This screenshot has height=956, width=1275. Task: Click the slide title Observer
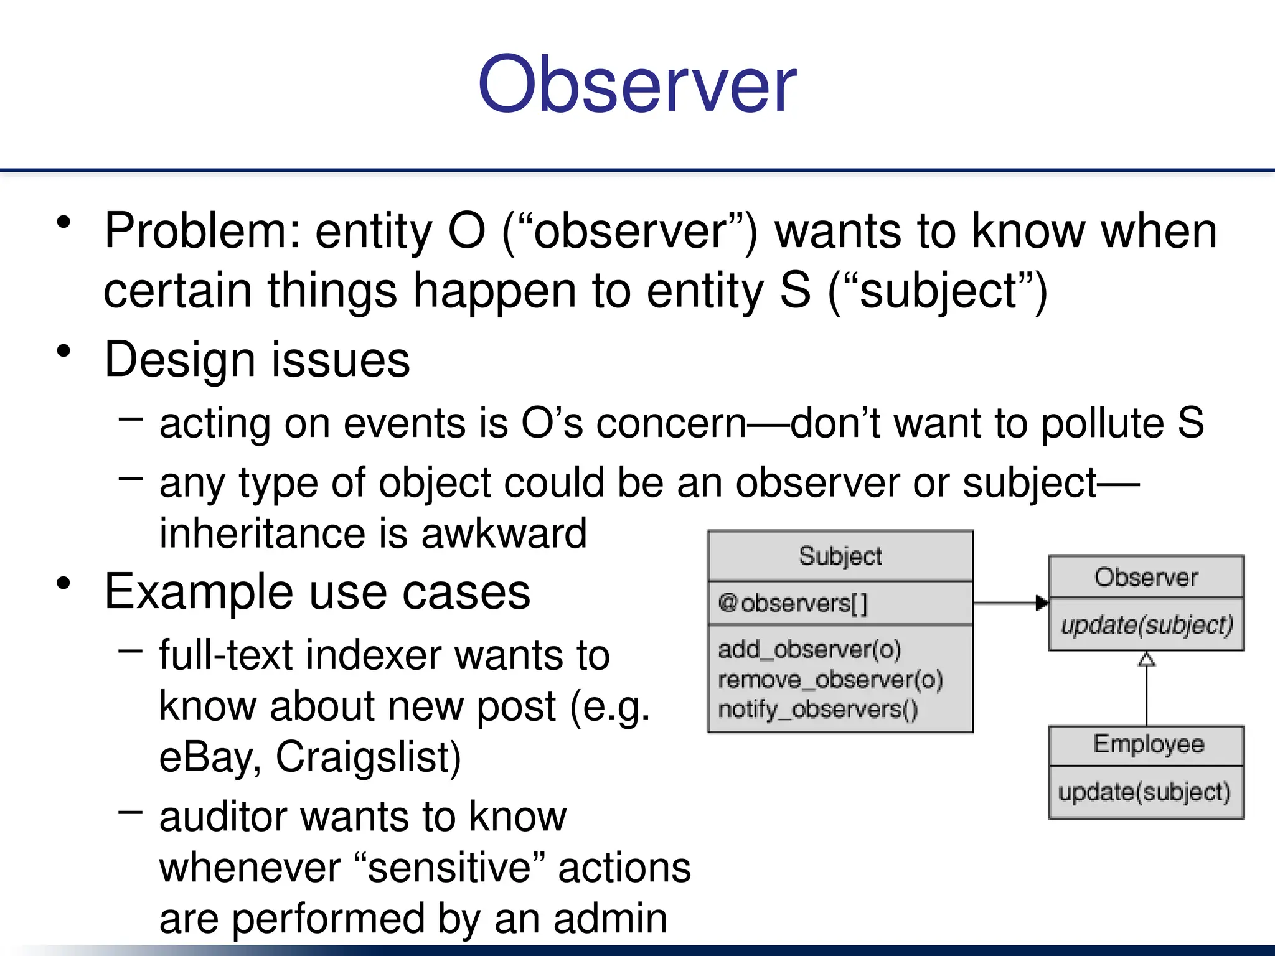tap(636, 84)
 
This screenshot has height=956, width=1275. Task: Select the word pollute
tap(1102, 423)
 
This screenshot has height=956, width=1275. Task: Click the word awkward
tap(504, 533)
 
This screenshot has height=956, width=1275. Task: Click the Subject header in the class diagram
tap(840, 556)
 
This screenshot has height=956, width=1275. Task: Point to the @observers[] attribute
tap(792, 603)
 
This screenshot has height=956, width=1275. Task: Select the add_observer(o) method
tap(809, 650)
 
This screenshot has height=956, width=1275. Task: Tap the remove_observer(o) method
tap(830, 680)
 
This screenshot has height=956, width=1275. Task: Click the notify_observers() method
tap(817, 710)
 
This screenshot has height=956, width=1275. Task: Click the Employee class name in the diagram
tap(1148, 744)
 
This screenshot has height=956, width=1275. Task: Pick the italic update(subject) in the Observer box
tap(1146, 625)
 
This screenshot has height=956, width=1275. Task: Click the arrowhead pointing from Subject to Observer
tap(1042, 602)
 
